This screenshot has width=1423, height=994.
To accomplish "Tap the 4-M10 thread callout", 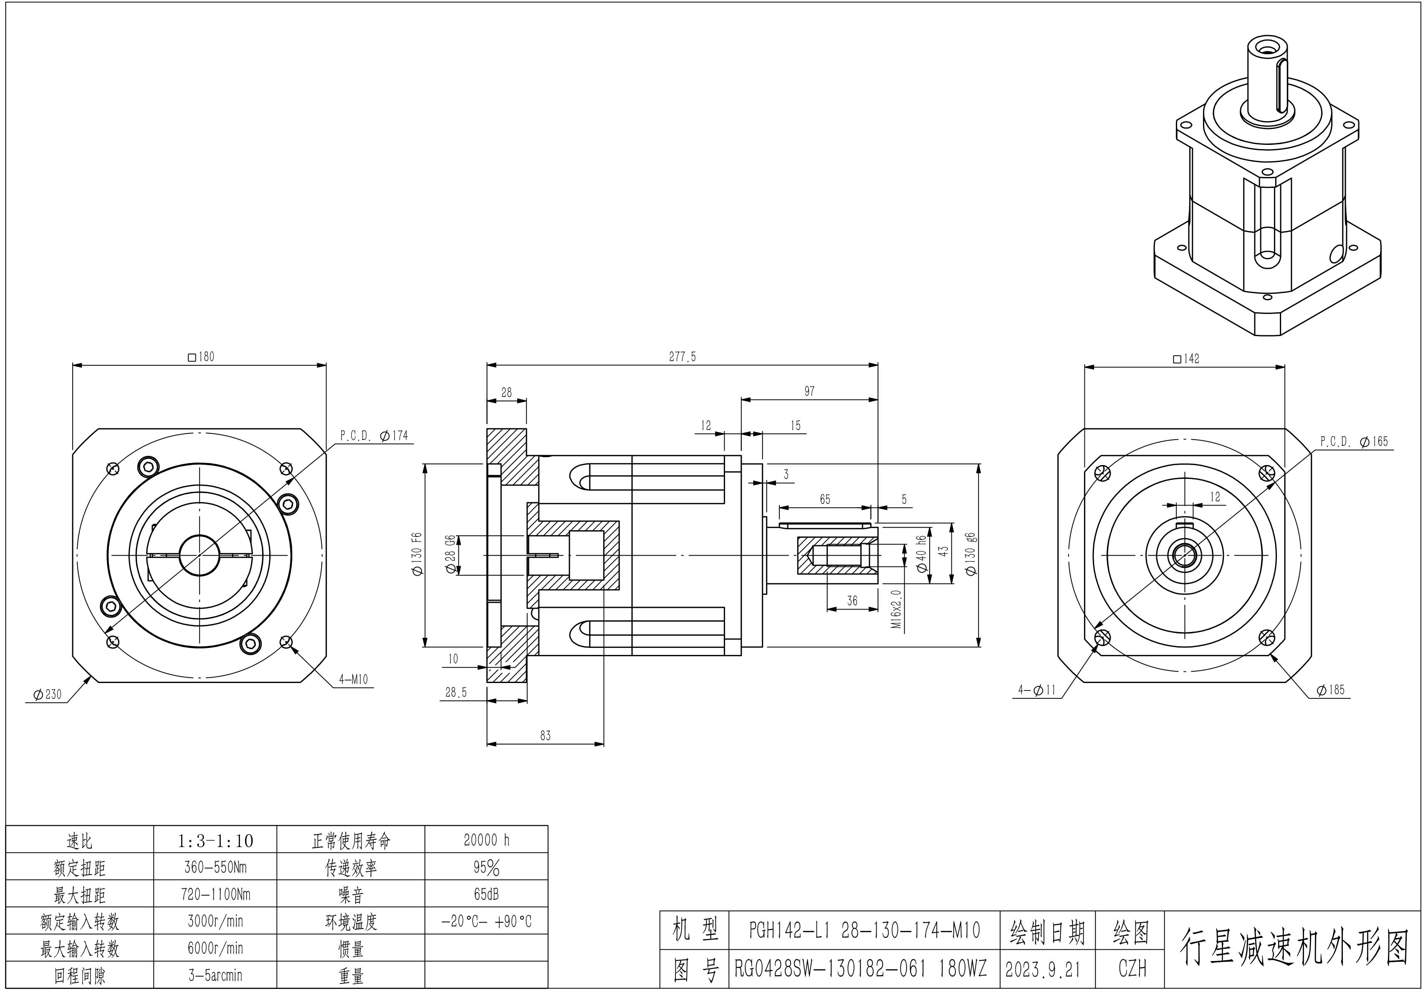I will (353, 679).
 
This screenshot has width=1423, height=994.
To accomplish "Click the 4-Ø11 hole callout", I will (1037, 690).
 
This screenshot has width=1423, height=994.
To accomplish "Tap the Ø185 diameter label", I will (1331, 690).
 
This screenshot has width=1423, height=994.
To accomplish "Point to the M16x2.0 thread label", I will (896, 609).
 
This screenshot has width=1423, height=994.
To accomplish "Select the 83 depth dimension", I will (545, 736).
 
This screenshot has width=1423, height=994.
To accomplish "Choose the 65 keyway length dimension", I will (824, 499).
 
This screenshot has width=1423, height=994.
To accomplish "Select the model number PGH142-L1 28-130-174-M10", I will (864, 930).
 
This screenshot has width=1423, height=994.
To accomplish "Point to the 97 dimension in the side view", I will (809, 391).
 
